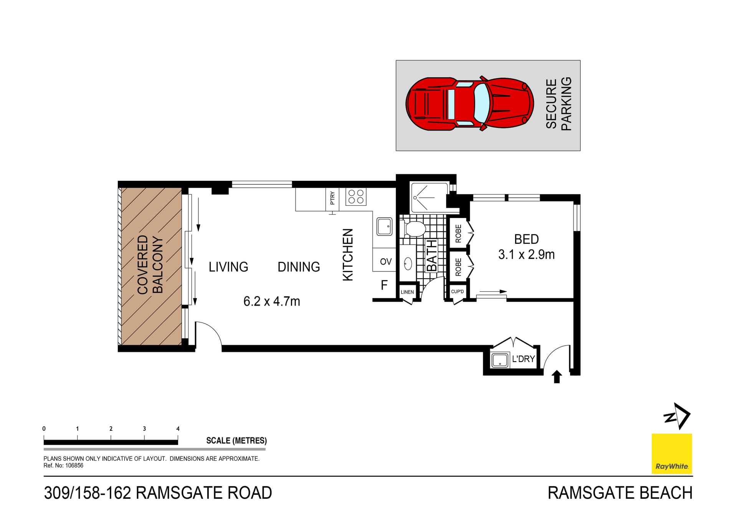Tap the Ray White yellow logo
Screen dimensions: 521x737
[671, 454]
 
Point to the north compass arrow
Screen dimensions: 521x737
[678, 416]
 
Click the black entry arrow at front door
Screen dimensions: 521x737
[557, 377]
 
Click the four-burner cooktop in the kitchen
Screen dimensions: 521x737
[356, 197]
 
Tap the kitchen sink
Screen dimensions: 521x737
[384, 227]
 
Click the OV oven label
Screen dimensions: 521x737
[385, 262]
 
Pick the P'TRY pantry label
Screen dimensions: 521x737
[332, 198]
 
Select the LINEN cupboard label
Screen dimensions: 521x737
[407, 292]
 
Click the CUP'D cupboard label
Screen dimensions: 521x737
[457, 292]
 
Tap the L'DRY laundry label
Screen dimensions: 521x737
[523, 359]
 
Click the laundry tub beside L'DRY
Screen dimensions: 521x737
[500, 360]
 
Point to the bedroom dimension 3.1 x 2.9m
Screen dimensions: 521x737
[526, 255]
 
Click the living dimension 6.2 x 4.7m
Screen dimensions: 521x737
[271, 301]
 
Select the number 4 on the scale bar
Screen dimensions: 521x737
[178, 429]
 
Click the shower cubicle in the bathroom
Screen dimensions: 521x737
[428, 198]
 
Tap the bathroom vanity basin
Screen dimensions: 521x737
[408, 264]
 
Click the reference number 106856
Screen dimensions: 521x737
[74, 466]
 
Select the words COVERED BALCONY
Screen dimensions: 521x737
[150, 265]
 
